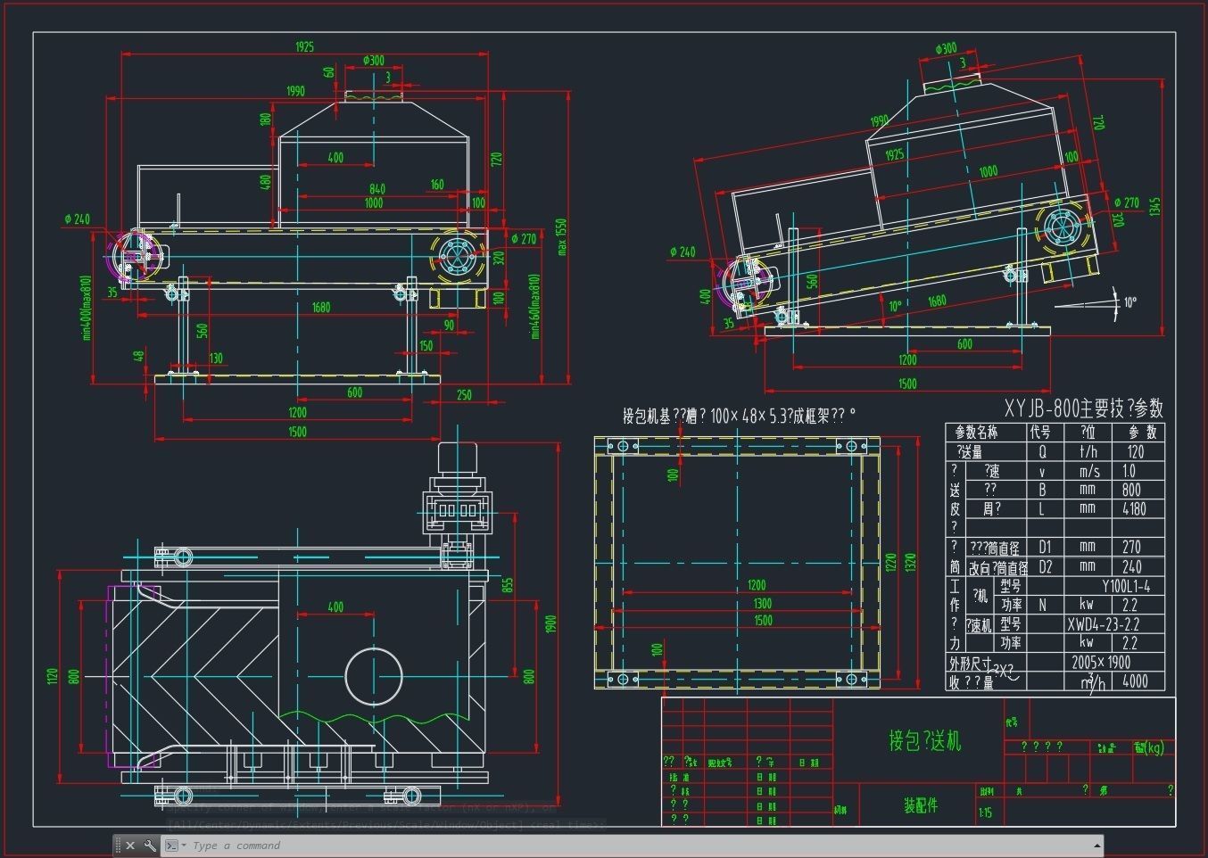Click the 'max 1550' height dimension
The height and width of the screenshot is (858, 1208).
561,236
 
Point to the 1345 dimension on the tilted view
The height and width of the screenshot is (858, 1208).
1155,207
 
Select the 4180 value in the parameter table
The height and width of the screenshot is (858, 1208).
1134,509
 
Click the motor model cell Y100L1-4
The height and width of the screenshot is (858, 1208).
1125,586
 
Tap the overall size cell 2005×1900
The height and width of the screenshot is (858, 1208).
1101,662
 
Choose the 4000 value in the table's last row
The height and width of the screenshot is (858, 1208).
1135,681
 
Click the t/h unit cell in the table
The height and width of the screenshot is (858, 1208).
1088,451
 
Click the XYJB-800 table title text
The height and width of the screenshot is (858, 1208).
1083,408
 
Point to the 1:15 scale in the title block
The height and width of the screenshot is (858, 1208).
985,813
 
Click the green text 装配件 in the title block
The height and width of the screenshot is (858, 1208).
921,805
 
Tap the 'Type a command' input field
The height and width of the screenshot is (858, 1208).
625,846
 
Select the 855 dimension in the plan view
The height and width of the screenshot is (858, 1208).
508,585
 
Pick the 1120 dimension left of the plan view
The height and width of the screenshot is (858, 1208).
52,676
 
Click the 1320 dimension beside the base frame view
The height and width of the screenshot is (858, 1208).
911,563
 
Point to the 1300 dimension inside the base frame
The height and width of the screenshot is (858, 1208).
762,603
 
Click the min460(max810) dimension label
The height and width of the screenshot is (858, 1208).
534,306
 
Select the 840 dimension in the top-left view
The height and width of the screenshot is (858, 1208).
377,188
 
